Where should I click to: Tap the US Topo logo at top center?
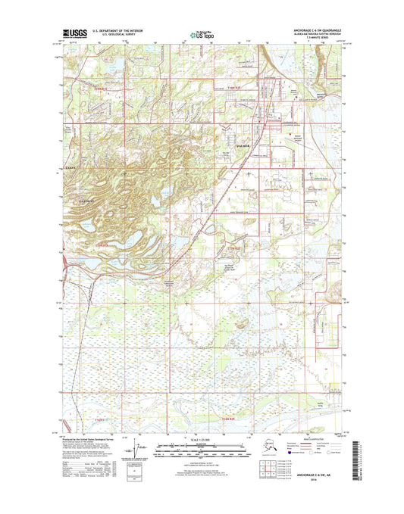point(201,34)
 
